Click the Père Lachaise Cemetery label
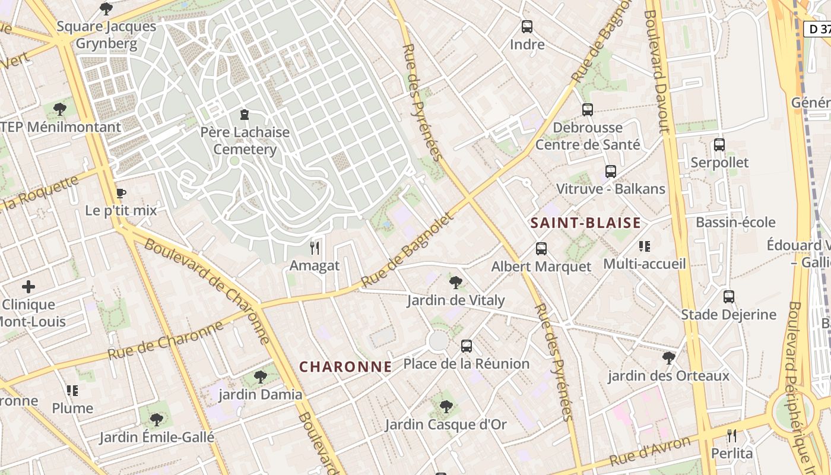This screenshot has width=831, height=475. pos(245,141)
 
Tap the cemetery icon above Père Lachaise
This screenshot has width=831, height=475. pos(244,115)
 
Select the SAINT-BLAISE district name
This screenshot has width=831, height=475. pos(585,223)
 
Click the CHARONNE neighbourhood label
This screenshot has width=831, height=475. pos(345,367)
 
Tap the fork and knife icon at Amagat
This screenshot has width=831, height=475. pos(315,248)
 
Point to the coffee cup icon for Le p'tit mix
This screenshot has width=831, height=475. pos(121,193)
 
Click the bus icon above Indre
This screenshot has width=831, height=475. pos(526,27)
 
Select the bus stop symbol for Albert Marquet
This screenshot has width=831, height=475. pos(541,249)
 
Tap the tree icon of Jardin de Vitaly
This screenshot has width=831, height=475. pos(455,282)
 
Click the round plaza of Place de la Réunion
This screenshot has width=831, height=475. pos(438,341)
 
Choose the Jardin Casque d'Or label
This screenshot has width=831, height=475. pos(446,425)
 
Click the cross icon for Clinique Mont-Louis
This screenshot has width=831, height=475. pos(28,287)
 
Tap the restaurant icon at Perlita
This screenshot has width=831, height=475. pos(732,436)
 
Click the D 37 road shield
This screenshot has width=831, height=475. pos(817,28)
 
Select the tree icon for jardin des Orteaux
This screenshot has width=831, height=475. pos(669,358)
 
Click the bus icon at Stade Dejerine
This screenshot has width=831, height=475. pos(728,296)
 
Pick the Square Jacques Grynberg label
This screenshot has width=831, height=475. pos(107,35)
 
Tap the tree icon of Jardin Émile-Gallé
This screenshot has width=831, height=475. pos(156,420)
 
